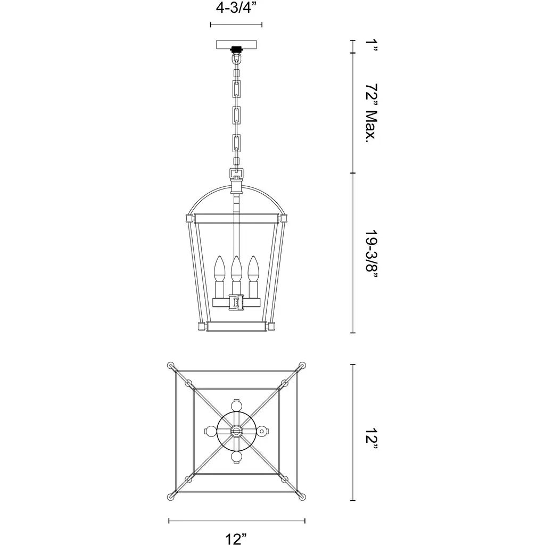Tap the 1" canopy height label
tap(371, 46)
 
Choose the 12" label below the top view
tap(236, 539)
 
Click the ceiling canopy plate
tap(236, 45)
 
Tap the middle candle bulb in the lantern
tap(236, 269)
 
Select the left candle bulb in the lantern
tap(219, 269)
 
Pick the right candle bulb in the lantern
tap(253, 269)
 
